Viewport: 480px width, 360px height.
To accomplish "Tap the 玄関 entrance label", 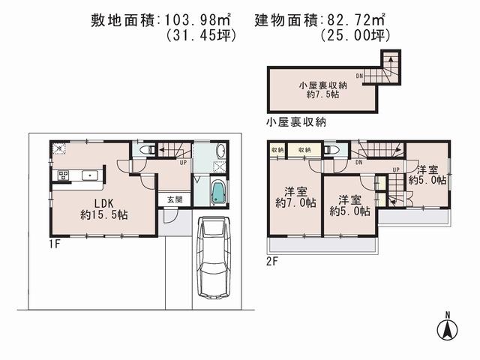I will pos(174,199).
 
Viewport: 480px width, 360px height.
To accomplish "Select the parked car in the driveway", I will pos(213,259).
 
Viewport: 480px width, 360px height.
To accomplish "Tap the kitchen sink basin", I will pos(92,175).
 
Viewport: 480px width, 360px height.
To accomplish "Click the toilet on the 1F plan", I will pos(149,150).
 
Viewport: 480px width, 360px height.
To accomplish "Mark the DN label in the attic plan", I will pos(360,75).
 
